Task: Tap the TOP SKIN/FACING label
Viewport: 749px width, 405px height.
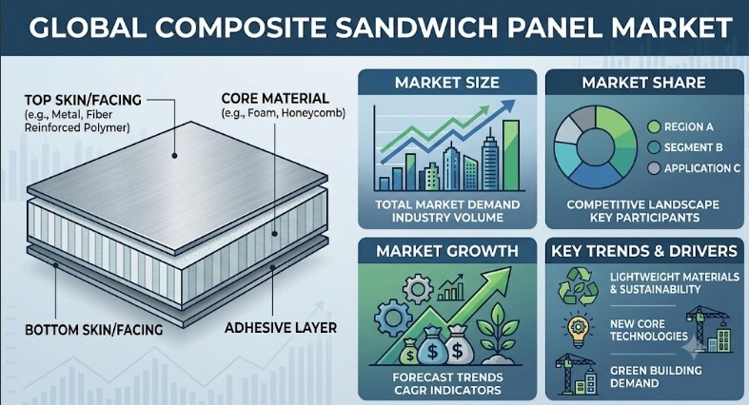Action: [x=83, y=100]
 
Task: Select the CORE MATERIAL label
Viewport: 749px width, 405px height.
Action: [x=275, y=98]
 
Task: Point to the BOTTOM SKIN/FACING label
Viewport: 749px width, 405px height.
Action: [x=93, y=330]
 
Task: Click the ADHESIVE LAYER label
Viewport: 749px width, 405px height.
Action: [x=281, y=328]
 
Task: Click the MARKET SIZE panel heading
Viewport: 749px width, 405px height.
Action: [x=447, y=83]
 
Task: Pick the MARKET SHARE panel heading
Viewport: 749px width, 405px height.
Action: [x=643, y=83]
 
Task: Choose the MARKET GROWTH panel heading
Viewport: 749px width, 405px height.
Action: [x=447, y=251]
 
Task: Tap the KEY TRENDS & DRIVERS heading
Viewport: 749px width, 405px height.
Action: [x=644, y=251]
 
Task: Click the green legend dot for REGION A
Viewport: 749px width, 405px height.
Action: [x=654, y=126]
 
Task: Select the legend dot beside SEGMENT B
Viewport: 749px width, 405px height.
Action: [x=654, y=147]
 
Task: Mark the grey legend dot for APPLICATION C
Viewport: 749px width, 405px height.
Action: [x=654, y=168]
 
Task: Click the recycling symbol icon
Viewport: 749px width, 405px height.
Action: [x=578, y=286]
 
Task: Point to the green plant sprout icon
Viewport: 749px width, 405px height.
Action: [x=498, y=334]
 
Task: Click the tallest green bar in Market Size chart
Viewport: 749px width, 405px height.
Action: [x=511, y=156]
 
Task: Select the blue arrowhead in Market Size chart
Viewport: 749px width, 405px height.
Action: [x=509, y=105]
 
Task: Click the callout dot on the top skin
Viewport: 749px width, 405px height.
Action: [x=174, y=156]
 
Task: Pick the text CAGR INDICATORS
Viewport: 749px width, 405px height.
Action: [x=447, y=390]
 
